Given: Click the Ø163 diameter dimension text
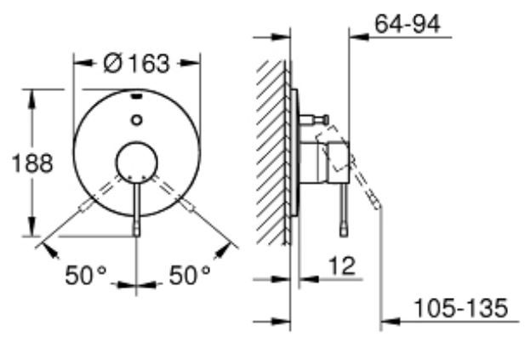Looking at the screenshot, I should coord(137,63).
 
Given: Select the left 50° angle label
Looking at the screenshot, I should coord(88,274).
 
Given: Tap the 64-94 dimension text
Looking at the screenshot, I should coord(407,25).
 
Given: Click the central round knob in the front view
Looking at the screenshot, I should coord(137,163).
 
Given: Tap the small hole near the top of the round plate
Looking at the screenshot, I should coord(137,121).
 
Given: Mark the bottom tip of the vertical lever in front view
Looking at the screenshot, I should coord(137,231).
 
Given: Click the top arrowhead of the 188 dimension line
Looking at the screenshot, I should coord(32,92).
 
